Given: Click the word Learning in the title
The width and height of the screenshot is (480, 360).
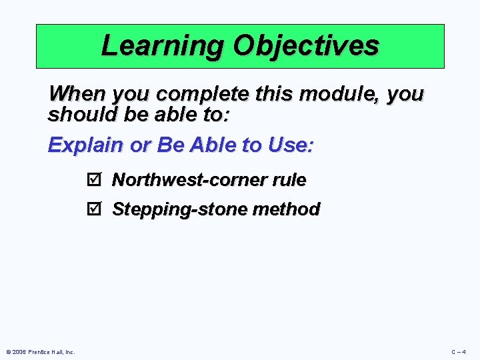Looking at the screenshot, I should (162, 46).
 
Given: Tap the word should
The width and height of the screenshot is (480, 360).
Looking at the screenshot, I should (79, 114).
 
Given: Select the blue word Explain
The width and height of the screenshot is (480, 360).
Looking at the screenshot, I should (85, 145).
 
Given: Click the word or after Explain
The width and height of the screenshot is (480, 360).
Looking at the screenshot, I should (139, 145).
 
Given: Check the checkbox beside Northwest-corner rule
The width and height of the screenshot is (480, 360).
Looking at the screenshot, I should (93, 180).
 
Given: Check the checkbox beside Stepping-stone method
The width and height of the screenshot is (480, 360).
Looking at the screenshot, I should (93, 209).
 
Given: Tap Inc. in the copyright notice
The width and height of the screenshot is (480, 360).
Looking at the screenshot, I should (69, 352).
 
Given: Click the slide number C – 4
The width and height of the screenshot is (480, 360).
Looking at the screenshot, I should (458, 352).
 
